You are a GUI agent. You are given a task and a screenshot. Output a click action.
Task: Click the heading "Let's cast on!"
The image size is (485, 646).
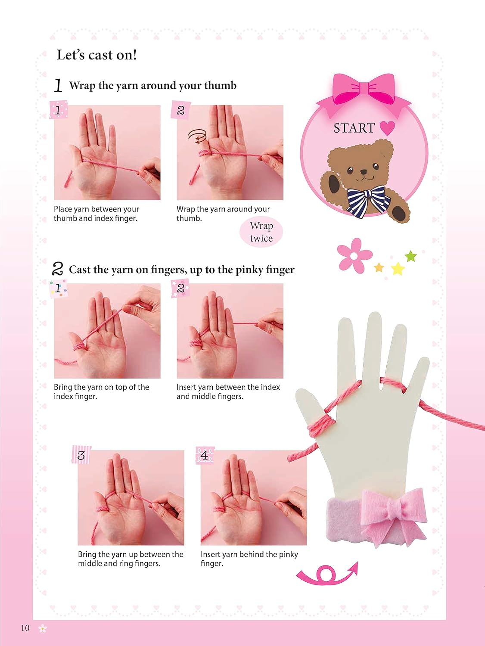click(96, 55)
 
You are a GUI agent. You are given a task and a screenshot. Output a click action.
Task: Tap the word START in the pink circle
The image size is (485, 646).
click(354, 128)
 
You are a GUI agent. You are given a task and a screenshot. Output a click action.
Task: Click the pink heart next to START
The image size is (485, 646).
click(387, 128)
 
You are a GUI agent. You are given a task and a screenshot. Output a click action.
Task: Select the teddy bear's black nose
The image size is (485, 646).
click(364, 171)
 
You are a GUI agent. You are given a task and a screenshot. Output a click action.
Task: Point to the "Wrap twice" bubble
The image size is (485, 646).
click(261, 232)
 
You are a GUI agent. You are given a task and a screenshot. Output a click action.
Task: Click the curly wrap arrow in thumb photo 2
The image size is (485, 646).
click(198, 137)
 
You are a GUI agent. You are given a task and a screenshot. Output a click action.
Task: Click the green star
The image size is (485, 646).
click(411, 256)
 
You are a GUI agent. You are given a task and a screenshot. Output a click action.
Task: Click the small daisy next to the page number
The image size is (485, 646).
click(43, 628)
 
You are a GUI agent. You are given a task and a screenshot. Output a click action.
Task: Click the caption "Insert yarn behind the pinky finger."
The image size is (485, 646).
click(249, 559)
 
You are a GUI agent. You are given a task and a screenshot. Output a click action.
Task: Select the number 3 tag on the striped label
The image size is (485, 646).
click(81, 455)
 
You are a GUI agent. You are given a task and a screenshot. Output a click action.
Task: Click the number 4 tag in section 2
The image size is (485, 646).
click(205, 455)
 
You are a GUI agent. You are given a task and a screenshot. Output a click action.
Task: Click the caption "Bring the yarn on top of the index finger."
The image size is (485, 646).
click(102, 391)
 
